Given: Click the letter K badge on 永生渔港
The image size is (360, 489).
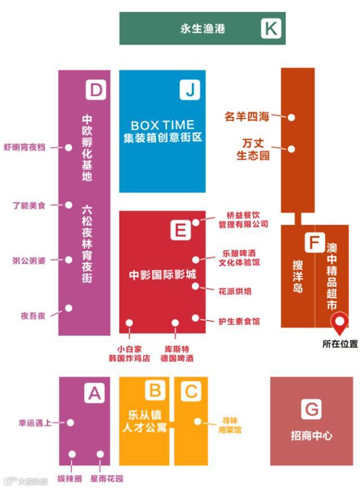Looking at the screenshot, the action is [271, 28].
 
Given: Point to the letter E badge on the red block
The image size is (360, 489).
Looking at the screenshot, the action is [180, 230].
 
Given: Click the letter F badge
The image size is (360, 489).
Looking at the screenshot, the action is [313, 243].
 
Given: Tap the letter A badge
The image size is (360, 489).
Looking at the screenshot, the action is [94, 392].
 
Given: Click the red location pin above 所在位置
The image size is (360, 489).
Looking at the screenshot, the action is [339, 324].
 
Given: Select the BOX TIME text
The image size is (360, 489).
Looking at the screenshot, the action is [163, 125].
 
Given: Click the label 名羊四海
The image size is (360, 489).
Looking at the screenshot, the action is [247, 117].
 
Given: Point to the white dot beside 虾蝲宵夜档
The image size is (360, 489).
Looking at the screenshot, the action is [69, 148].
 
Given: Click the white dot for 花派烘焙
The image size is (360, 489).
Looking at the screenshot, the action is [196, 286].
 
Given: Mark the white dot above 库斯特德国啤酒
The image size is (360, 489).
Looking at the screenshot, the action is [175, 323].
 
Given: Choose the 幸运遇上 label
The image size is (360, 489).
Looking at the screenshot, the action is [35, 423].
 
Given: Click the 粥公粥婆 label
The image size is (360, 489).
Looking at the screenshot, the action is [29, 261].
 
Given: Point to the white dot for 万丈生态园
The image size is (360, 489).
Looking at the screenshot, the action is [292, 149].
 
